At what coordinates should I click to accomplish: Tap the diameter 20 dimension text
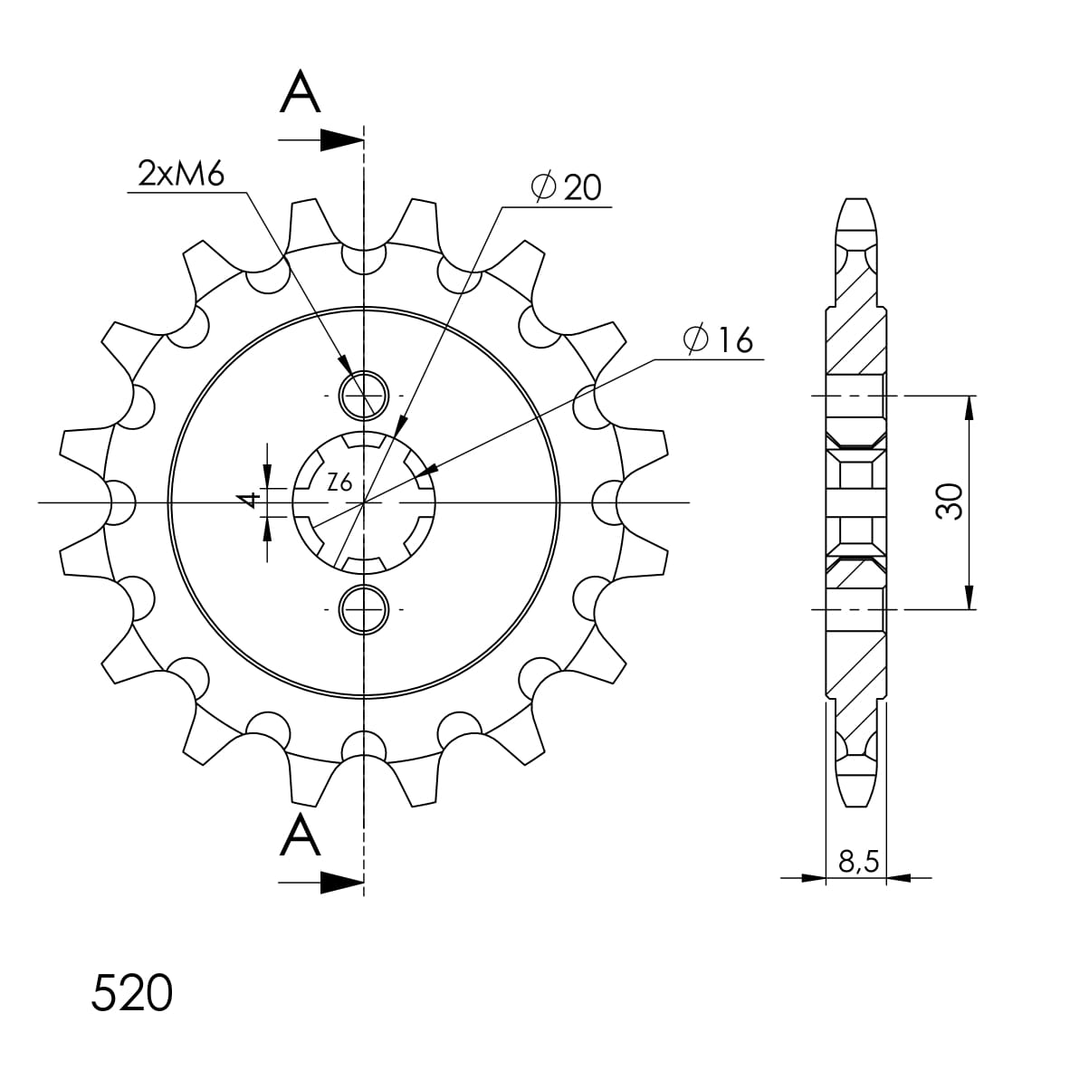[x=567, y=187]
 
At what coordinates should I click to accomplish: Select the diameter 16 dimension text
[x=718, y=339]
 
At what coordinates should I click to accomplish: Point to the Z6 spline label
[x=339, y=482]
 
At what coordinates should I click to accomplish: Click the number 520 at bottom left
[x=131, y=993]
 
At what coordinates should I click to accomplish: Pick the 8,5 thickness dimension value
[x=858, y=862]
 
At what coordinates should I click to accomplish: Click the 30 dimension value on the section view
[x=950, y=502]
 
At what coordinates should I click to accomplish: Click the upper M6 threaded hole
[x=364, y=395]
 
